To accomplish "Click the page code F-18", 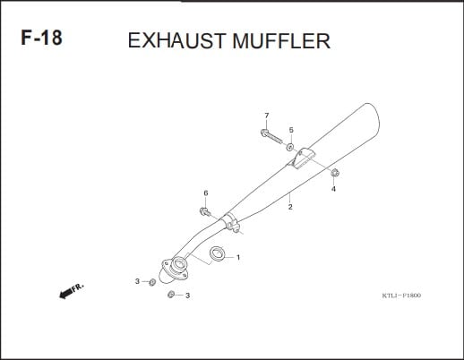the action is [41, 38].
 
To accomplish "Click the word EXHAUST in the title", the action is [176, 40].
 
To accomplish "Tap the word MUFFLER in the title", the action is [281, 40].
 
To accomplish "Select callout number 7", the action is [267, 116].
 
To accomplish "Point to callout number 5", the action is [291, 130].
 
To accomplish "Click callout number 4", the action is [333, 189].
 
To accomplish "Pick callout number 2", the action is [290, 207].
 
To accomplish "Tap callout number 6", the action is [206, 193].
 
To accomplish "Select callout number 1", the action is [238, 257].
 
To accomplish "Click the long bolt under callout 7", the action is [271, 136].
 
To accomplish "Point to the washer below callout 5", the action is [289, 147].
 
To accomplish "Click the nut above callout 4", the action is [335, 173].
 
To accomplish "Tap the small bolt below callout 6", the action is [205, 212].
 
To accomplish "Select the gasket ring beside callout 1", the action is [217, 253].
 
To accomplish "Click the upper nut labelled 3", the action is [152, 282].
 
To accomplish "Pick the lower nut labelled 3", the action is [171, 295].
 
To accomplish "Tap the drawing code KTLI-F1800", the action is [401, 296].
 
